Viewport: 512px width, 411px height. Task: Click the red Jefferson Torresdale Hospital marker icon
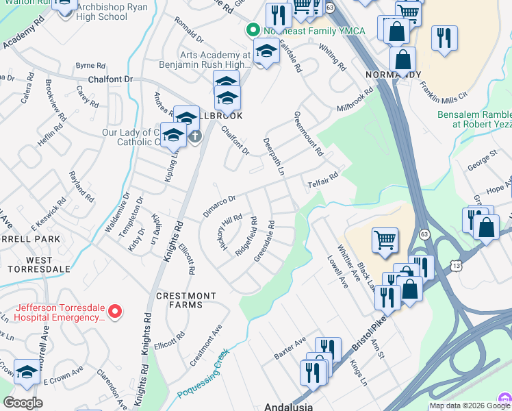pyautogui.click(x=115, y=312)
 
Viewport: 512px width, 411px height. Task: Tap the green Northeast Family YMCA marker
pyautogui.click(x=252, y=30)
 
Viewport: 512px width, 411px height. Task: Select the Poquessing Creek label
pyautogui.click(x=203, y=374)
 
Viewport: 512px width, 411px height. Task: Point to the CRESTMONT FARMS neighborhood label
pyautogui.click(x=186, y=297)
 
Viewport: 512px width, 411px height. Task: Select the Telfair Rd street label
pyautogui.click(x=323, y=177)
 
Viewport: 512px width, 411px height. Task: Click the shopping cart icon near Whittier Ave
pyautogui.click(x=385, y=240)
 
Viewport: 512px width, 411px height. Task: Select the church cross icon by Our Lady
pyautogui.click(x=195, y=136)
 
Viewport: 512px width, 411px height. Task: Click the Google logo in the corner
pyautogui.click(x=23, y=402)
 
